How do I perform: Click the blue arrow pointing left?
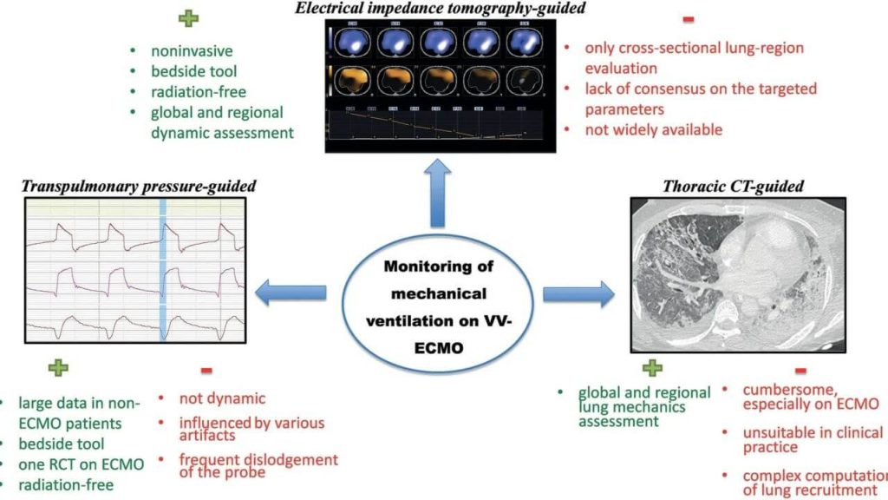pyautogui.click(x=294, y=294)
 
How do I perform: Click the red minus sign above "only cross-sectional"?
pyautogui.click(x=689, y=19)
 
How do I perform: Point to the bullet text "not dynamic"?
pyautogui.click(x=222, y=399)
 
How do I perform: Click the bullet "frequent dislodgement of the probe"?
pyautogui.click(x=258, y=466)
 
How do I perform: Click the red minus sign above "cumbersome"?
pyautogui.click(x=803, y=368)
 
